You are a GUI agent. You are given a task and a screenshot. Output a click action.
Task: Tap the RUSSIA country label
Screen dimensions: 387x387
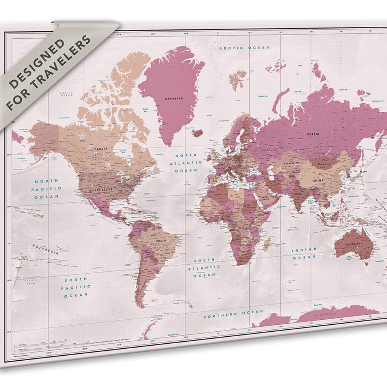click(313, 134)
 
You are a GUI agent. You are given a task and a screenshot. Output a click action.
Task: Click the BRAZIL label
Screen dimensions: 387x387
click(161, 240)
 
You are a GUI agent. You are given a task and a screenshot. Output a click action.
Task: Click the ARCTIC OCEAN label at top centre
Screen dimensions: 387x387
click(244, 48)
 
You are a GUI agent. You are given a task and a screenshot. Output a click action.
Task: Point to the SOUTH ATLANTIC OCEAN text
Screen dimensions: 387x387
click(204, 267)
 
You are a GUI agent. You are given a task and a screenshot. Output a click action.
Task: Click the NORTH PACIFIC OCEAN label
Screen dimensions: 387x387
click(47, 188)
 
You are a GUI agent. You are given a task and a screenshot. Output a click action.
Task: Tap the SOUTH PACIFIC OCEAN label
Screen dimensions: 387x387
click(76, 287)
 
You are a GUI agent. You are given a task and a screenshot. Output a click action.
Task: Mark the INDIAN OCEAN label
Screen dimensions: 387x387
click(304, 253)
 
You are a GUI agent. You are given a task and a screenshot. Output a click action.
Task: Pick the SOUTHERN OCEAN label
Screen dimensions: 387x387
click(233, 314)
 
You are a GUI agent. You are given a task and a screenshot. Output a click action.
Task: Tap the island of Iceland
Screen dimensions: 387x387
click(197, 133)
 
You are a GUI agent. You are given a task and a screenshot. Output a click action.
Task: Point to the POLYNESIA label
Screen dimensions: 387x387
click(46, 249)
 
